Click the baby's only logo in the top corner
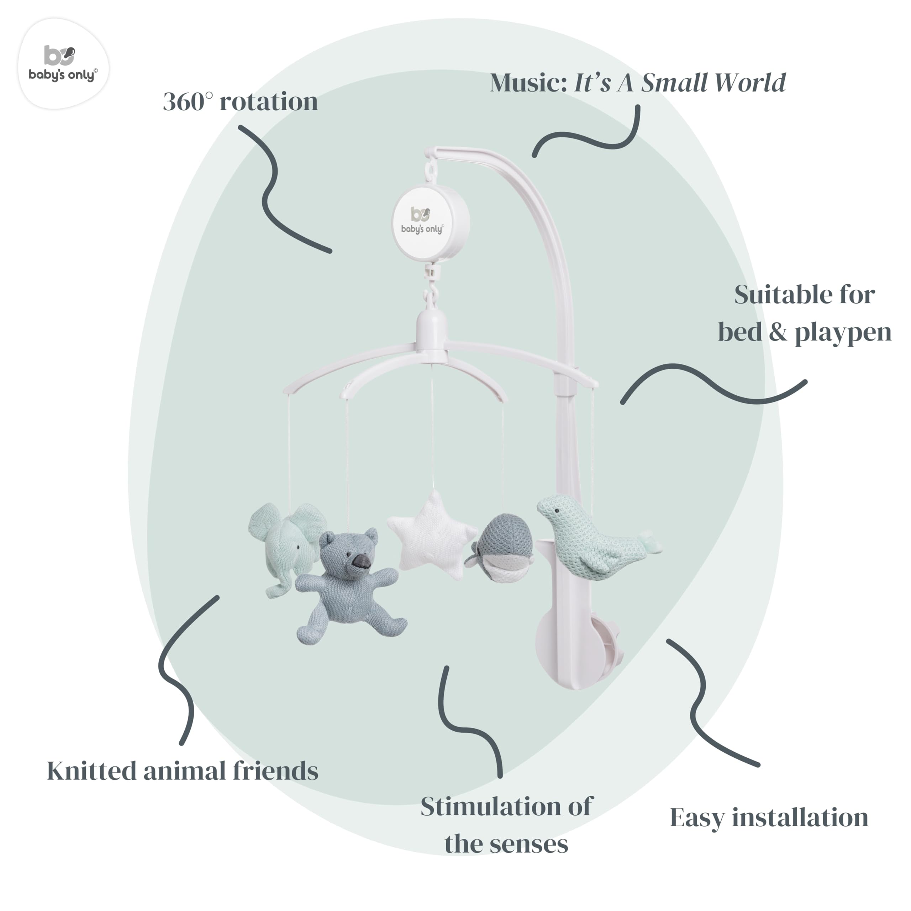63,64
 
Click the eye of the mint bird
558,511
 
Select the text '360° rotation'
241,101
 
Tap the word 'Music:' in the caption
528,83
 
